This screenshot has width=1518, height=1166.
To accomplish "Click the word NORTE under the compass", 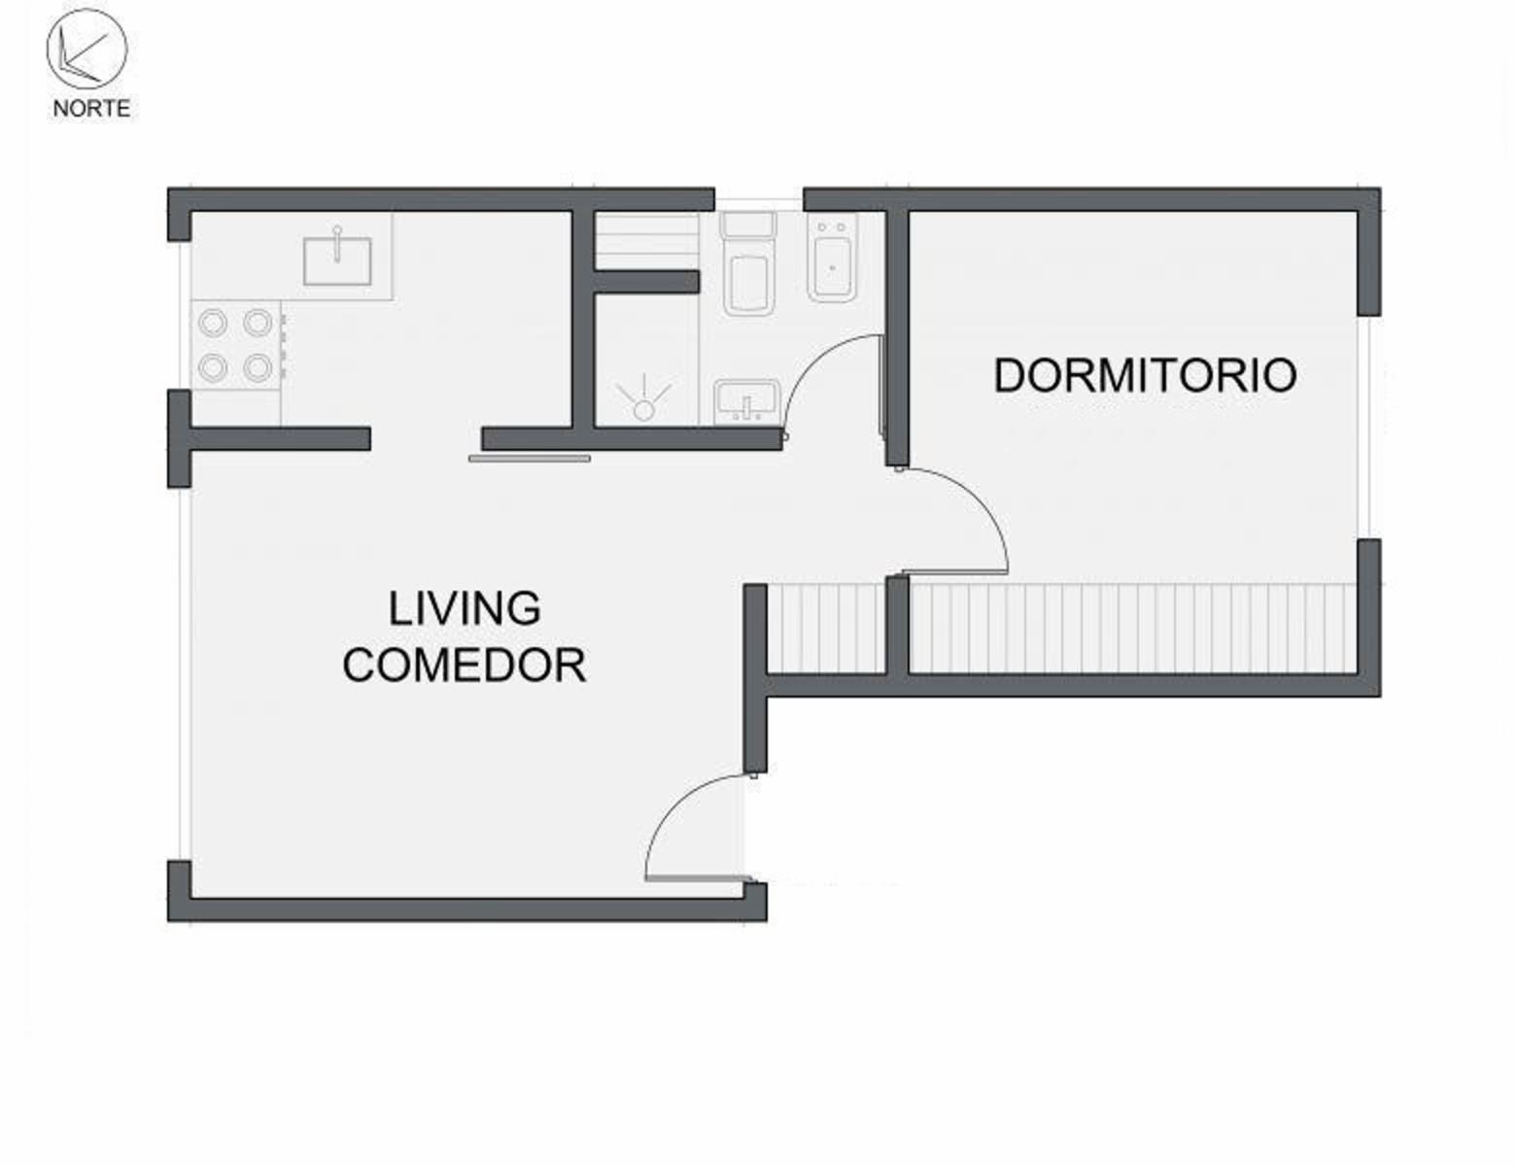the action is (91, 108).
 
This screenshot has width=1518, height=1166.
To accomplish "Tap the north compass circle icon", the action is (87, 49).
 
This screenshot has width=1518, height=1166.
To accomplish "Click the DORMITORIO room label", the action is (1145, 376).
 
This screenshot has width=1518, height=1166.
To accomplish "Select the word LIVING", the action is (465, 609).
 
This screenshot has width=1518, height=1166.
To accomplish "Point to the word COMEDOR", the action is (465, 665).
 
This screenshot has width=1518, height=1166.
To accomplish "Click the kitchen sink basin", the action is (337, 259).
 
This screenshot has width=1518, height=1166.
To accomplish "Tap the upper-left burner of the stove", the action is (213, 323).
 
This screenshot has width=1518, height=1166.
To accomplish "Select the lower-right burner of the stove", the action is (258, 367).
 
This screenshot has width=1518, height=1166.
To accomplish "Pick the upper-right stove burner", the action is (258, 323).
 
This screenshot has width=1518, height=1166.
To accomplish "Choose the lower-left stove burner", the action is (213, 367).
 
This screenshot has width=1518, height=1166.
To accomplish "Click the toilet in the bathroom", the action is (749, 264).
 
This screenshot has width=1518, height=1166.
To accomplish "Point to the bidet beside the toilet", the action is (833, 258).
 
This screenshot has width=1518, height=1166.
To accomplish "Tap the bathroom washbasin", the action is (746, 402).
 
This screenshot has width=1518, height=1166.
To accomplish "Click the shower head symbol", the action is (643, 398).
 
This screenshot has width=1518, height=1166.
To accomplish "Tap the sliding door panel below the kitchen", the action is (530, 459).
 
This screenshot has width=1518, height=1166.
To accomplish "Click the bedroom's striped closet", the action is (1134, 629).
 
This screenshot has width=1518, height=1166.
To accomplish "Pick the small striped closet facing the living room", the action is (827, 629).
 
